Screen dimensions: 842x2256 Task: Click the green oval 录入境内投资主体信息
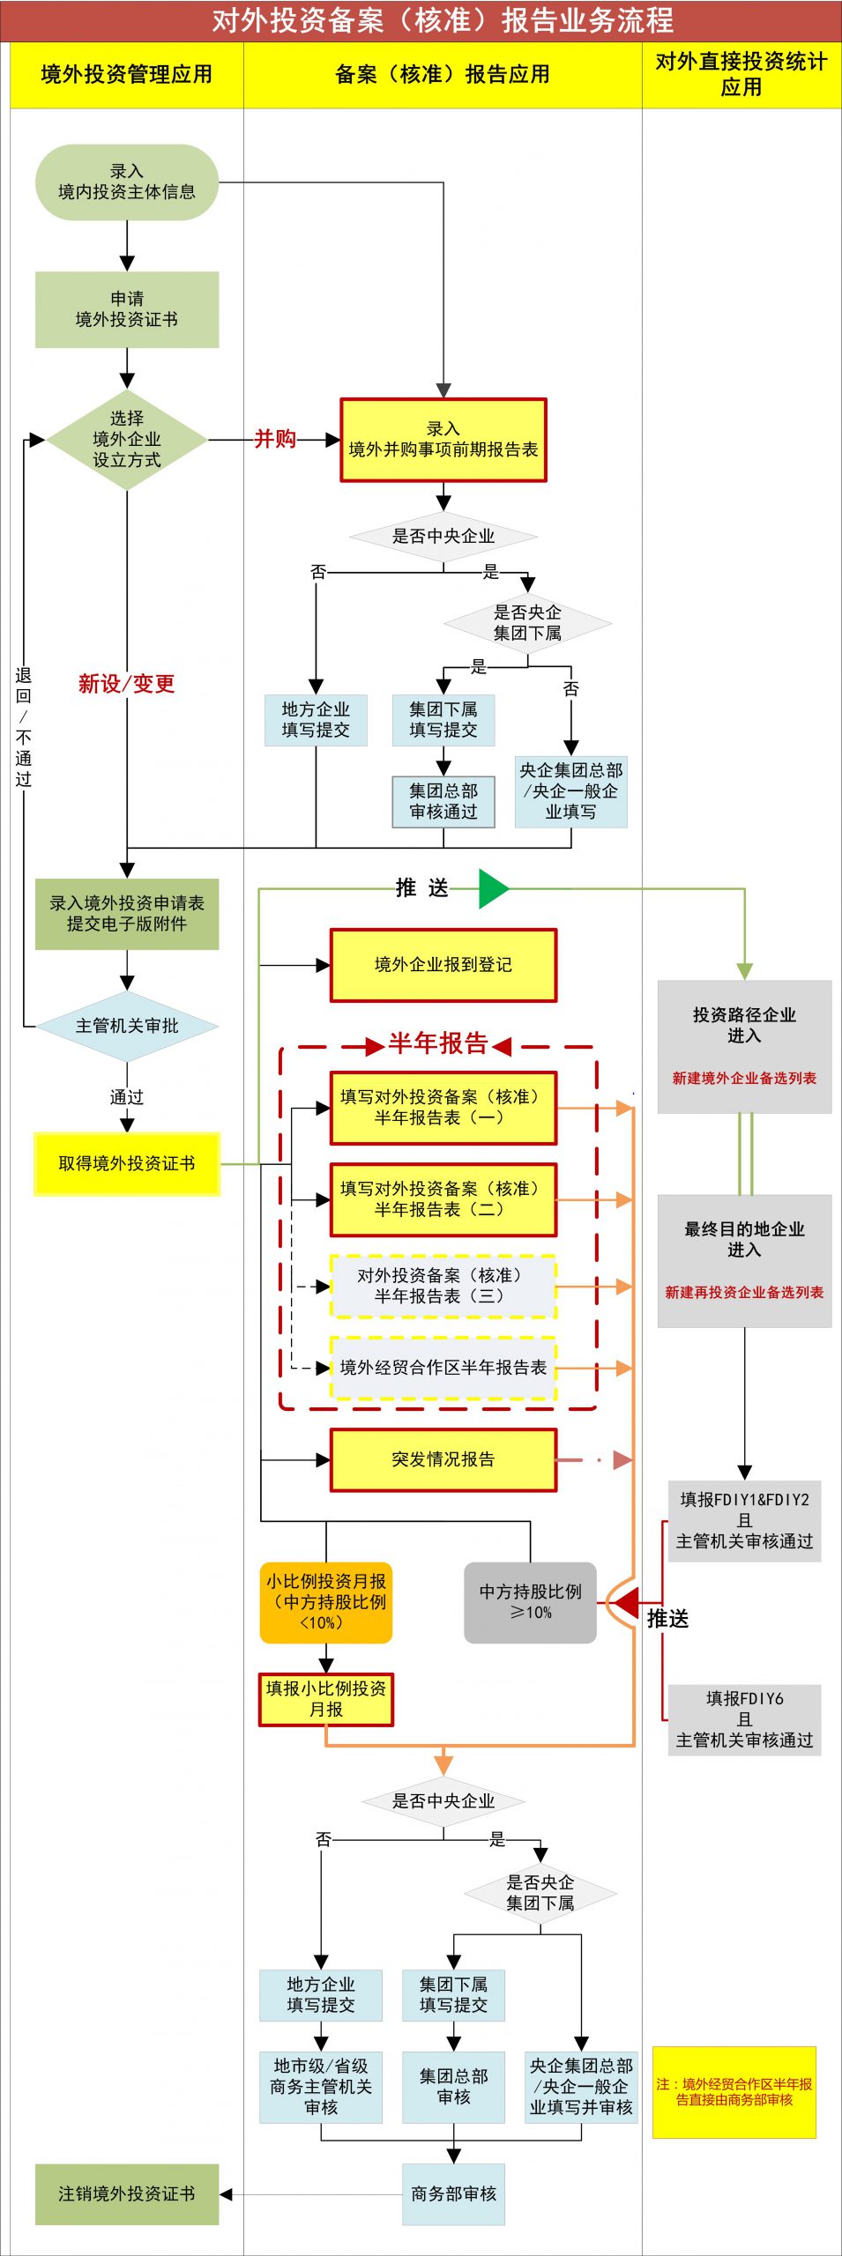click(127, 182)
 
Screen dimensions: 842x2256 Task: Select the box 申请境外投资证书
click(127, 309)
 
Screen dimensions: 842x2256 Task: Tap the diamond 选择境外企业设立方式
click(127, 439)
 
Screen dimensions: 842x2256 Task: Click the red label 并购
click(275, 439)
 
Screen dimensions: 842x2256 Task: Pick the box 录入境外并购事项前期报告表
click(443, 440)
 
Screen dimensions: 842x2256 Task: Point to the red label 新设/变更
click(127, 683)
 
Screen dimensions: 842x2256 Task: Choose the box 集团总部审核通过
click(443, 801)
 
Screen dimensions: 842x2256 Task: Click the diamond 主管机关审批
click(127, 1026)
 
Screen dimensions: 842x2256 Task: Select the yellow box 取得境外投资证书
click(127, 1163)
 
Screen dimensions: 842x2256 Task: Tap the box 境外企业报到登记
click(443, 965)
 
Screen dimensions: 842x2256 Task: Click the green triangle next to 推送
click(494, 888)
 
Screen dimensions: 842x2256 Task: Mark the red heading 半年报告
click(438, 1043)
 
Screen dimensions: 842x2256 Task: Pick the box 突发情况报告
click(443, 1460)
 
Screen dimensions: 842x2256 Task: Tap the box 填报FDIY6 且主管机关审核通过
click(744, 1719)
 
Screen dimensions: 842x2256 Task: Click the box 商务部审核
click(454, 2193)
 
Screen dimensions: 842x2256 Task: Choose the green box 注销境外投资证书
click(127, 2193)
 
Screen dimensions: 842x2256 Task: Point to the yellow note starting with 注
click(734, 2092)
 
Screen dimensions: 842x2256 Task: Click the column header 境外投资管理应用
click(127, 75)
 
